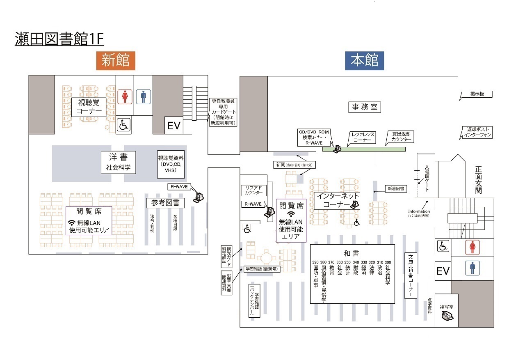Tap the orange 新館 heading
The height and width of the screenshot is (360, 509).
116,60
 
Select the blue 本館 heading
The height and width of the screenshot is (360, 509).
364,60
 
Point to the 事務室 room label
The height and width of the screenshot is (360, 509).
365,107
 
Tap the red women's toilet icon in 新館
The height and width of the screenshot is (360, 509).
125,97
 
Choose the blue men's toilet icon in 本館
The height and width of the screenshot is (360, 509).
472,268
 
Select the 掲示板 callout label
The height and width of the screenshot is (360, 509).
477,94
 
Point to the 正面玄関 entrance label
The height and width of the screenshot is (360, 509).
478,180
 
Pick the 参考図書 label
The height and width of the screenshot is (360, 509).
165,203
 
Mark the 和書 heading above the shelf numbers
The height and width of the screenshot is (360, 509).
352,253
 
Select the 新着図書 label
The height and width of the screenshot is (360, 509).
396,189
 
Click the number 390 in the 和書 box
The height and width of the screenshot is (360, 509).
315,262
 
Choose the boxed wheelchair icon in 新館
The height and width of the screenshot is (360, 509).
123,125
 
